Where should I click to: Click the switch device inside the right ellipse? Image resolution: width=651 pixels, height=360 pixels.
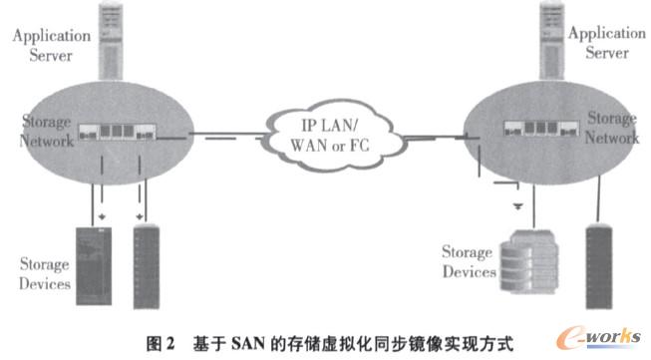coord(538,127)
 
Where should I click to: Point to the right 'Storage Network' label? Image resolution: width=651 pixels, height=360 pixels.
coord(612,128)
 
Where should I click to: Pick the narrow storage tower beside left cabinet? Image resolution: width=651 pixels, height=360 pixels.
coord(146,263)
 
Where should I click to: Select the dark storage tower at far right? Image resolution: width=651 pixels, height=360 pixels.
coord(601,258)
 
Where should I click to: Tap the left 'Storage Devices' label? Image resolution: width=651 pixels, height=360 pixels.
coord(45,274)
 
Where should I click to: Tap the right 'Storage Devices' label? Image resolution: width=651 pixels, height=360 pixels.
coord(470,261)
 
